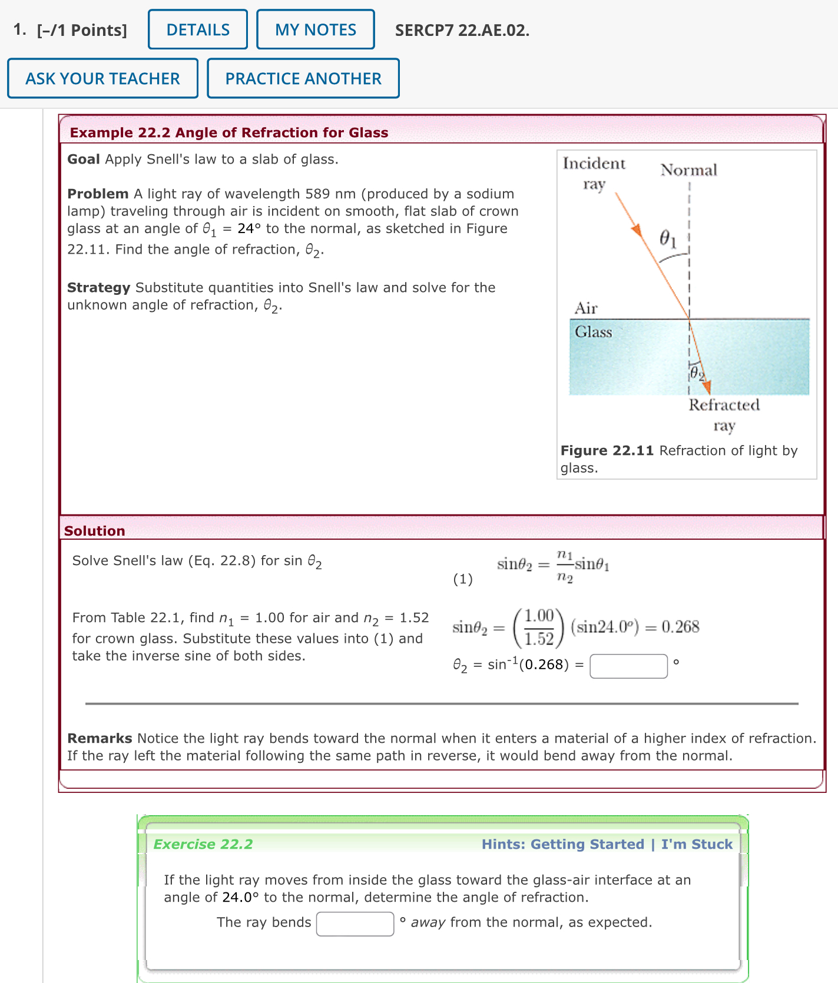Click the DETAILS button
(x=198, y=29)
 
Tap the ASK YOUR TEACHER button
(x=102, y=78)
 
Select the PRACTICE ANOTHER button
(x=303, y=78)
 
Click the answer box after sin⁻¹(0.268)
(x=628, y=666)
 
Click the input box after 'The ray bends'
(x=355, y=923)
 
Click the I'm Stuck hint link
(x=697, y=844)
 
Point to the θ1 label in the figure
(x=667, y=238)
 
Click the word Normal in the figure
(x=688, y=170)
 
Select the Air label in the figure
(x=585, y=308)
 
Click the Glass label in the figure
(x=593, y=332)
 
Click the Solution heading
(x=94, y=531)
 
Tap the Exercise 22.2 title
(x=203, y=844)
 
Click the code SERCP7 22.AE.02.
(x=462, y=30)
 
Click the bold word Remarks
(x=100, y=738)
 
